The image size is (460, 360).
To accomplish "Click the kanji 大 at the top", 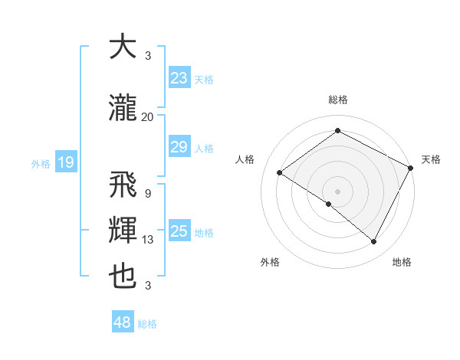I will [x=123, y=47].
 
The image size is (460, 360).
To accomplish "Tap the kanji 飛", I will [x=123, y=185].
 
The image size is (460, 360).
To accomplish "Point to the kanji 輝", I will [x=123, y=231].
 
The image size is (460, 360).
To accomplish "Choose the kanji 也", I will [x=123, y=277].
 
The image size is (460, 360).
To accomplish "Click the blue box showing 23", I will [x=179, y=78].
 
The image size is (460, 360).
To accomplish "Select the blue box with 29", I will [x=179, y=147].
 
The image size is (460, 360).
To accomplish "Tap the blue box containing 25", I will [x=179, y=231].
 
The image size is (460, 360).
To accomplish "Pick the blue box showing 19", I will [x=65, y=162].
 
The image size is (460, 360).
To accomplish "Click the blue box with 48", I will [x=123, y=322].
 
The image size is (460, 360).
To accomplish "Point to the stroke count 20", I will [x=147, y=116].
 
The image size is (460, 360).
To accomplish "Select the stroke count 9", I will [x=147, y=193].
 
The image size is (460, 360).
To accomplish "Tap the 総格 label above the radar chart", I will [x=337, y=100].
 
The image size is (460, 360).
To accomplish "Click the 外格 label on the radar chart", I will [x=270, y=262].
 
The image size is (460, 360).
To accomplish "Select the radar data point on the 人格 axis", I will [x=280, y=172].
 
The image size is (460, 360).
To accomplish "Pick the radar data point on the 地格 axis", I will [x=374, y=242].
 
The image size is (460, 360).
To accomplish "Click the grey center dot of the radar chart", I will [x=337, y=191].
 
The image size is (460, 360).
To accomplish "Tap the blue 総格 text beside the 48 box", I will [x=147, y=324].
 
